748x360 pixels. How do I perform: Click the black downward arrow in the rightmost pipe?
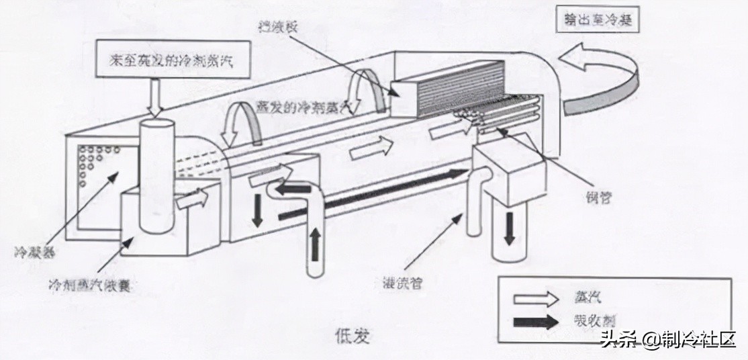[x=510, y=228]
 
